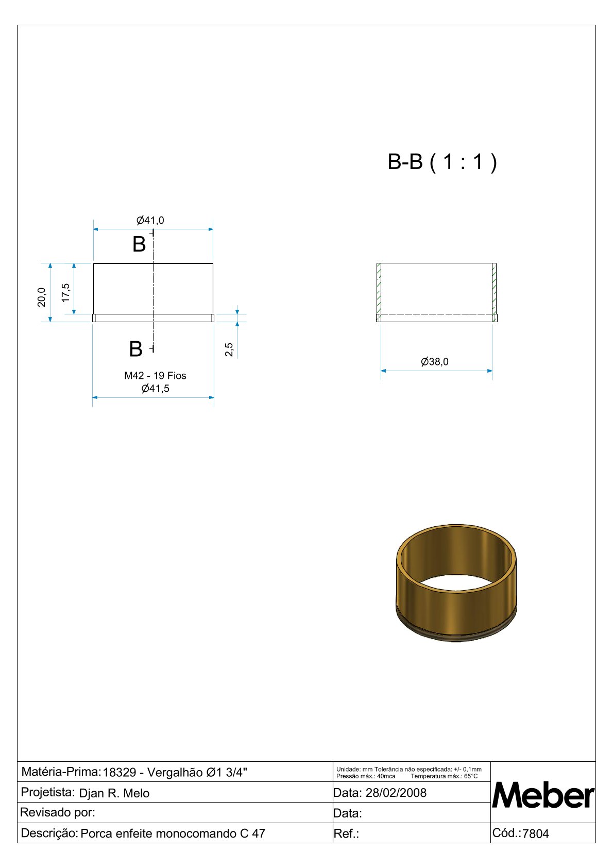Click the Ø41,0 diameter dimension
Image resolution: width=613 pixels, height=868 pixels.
(x=150, y=221)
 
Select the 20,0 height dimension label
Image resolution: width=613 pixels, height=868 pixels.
(x=41, y=297)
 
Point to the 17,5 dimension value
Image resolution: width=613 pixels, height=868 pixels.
(x=65, y=293)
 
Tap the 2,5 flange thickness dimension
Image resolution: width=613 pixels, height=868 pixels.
(x=229, y=349)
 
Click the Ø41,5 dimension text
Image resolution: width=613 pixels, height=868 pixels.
(x=155, y=388)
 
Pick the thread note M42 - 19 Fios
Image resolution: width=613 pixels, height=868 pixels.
(x=155, y=375)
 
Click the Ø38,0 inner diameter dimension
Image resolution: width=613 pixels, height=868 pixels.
(x=434, y=361)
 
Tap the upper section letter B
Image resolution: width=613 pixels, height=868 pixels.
(x=139, y=244)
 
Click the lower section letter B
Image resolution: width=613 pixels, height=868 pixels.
(x=135, y=349)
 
